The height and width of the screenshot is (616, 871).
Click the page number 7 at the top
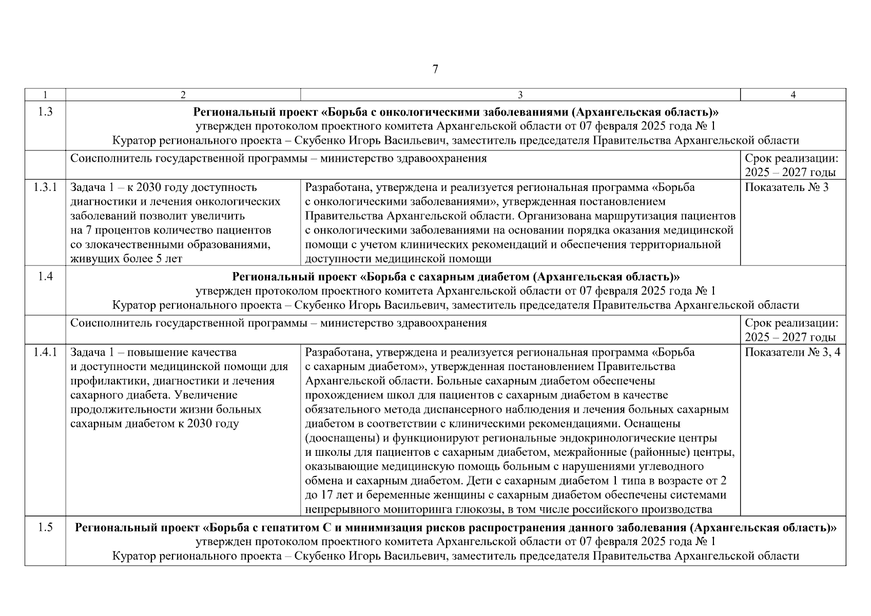pyautogui.click(x=435, y=69)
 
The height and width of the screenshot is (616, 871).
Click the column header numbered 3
pyautogui.click(x=520, y=95)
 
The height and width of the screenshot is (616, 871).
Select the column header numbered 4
pyautogui.click(x=793, y=95)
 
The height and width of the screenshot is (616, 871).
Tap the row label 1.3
pyautogui.click(x=45, y=112)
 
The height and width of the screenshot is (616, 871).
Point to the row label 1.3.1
pyautogui.click(x=45, y=187)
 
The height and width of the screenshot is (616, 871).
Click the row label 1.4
pyautogui.click(x=45, y=277)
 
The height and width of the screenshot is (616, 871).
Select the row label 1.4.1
pyautogui.click(x=45, y=352)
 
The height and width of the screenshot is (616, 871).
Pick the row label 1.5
pyautogui.click(x=45, y=528)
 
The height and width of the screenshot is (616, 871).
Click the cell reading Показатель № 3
pyautogui.click(x=786, y=187)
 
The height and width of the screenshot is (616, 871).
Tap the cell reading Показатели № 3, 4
pyautogui.click(x=792, y=352)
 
